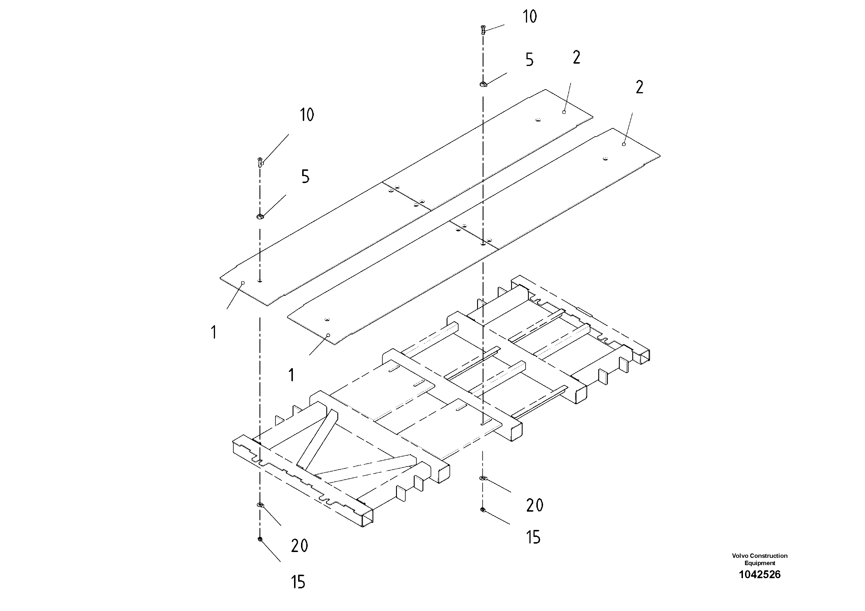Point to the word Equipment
(760, 563)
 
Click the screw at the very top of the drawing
(483, 29)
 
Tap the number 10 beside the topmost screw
(530, 17)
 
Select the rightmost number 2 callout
(639, 87)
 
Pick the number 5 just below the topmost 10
(530, 60)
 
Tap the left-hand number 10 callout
(307, 114)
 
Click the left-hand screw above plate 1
(260, 162)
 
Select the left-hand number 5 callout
(305, 177)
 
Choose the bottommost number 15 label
(298, 582)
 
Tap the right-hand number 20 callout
(535, 506)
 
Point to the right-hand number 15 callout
(533, 537)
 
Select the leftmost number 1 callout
(214, 333)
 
